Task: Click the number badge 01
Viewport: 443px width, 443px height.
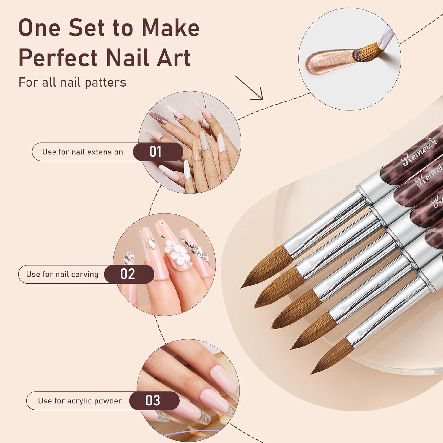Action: tap(155, 152)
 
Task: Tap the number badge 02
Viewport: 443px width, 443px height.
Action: tap(128, 274)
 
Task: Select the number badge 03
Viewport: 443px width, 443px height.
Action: tap(153, 400)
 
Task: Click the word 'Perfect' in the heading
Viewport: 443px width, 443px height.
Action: tap(58, 57)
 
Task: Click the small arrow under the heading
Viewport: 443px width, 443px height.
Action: tap(250, 88)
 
